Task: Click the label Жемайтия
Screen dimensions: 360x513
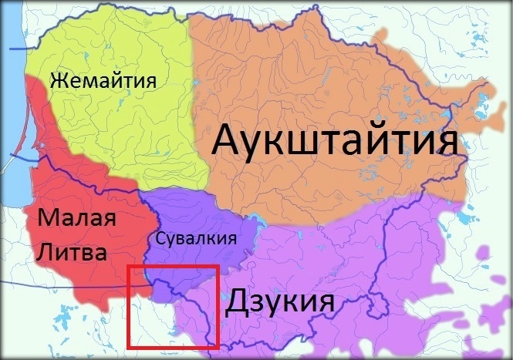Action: [x=103, y=80]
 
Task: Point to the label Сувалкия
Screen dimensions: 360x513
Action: [x=195, y=239]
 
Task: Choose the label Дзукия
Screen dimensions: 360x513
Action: [x=279, y=301]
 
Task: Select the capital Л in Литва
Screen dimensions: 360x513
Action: [x=45, y=251]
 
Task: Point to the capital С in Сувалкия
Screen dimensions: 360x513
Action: [x=160, y=239]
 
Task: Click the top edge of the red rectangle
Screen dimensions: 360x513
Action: [x=174, y=266]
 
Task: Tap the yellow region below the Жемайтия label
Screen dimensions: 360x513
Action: [x=116, y=131]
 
